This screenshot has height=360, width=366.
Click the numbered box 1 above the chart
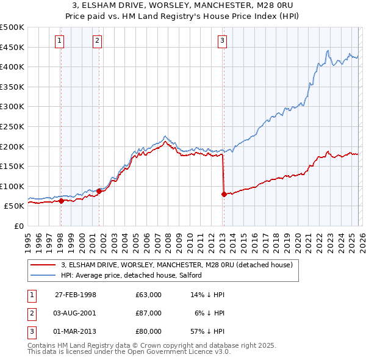point(60,41)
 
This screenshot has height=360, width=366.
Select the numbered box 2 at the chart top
point(98,41)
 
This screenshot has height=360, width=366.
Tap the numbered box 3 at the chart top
point(223,41)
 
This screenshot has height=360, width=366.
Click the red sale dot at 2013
point(224,194)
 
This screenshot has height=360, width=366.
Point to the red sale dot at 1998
point(61,201)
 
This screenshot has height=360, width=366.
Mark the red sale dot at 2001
point(99,191)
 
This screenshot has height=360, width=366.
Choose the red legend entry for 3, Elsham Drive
point(177,265)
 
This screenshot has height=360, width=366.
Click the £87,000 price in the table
point(149,312)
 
